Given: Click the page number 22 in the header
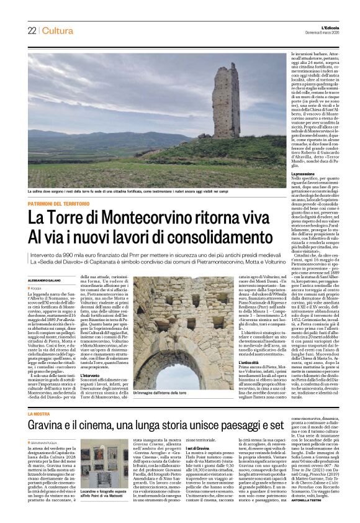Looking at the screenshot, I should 31,31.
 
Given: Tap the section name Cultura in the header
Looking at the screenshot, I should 57,31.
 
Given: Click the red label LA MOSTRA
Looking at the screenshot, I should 38,414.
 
